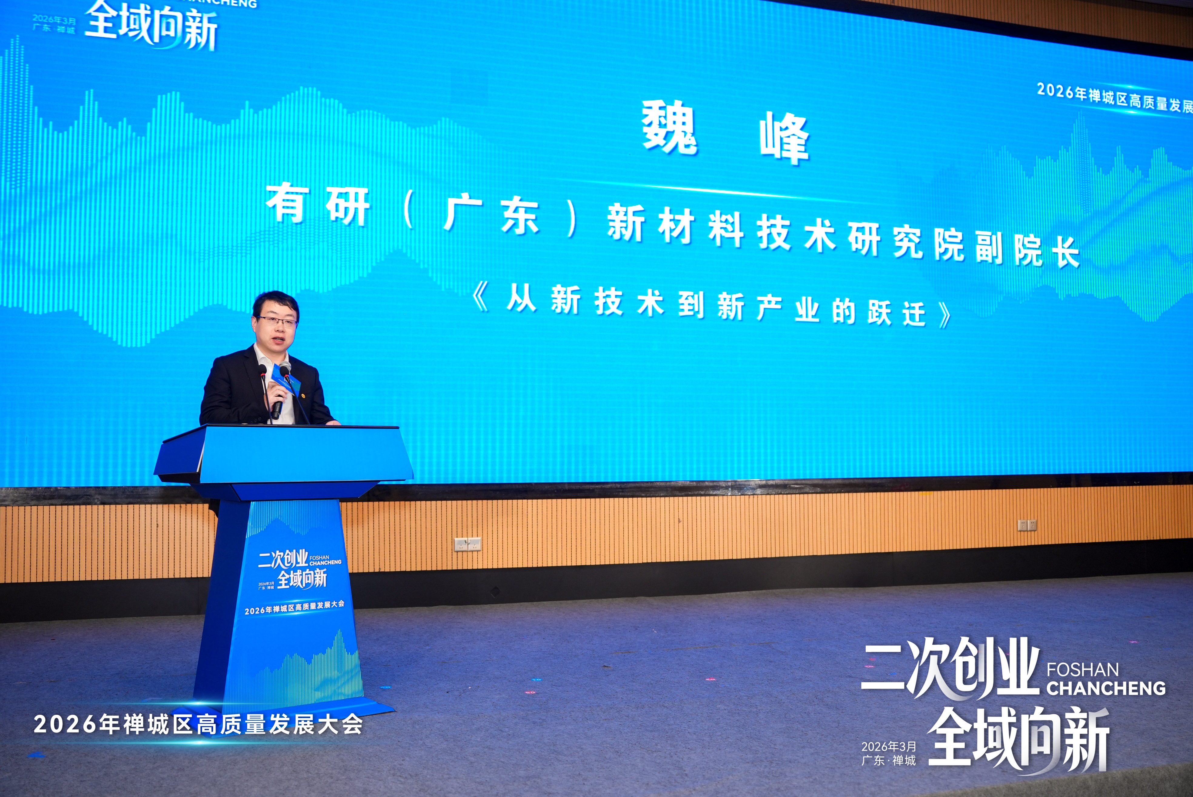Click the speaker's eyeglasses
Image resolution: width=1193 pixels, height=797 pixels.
point(277,321)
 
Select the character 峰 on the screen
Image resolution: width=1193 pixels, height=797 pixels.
point(784,138)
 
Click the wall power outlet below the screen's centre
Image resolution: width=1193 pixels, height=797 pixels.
point(467,545)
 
